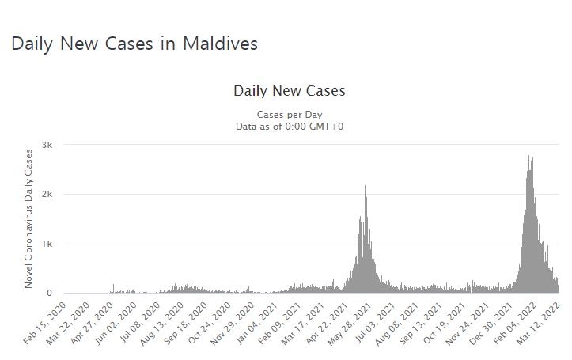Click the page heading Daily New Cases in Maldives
click(x=134, y=44)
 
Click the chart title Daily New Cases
click(x=289, y=91)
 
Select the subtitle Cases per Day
click(x=289, y=115)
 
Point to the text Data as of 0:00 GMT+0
click(x=289, y=127)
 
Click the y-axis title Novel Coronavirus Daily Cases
click(x=29, y=218)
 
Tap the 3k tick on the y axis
click(x=47, y=145)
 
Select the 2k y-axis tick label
click(x=47, y=195)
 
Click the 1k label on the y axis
click(x=47, y=244)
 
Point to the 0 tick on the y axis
click(x=49, y=294)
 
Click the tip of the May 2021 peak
click(x=365, y=186)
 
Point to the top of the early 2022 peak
click(x=532, y=154)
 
